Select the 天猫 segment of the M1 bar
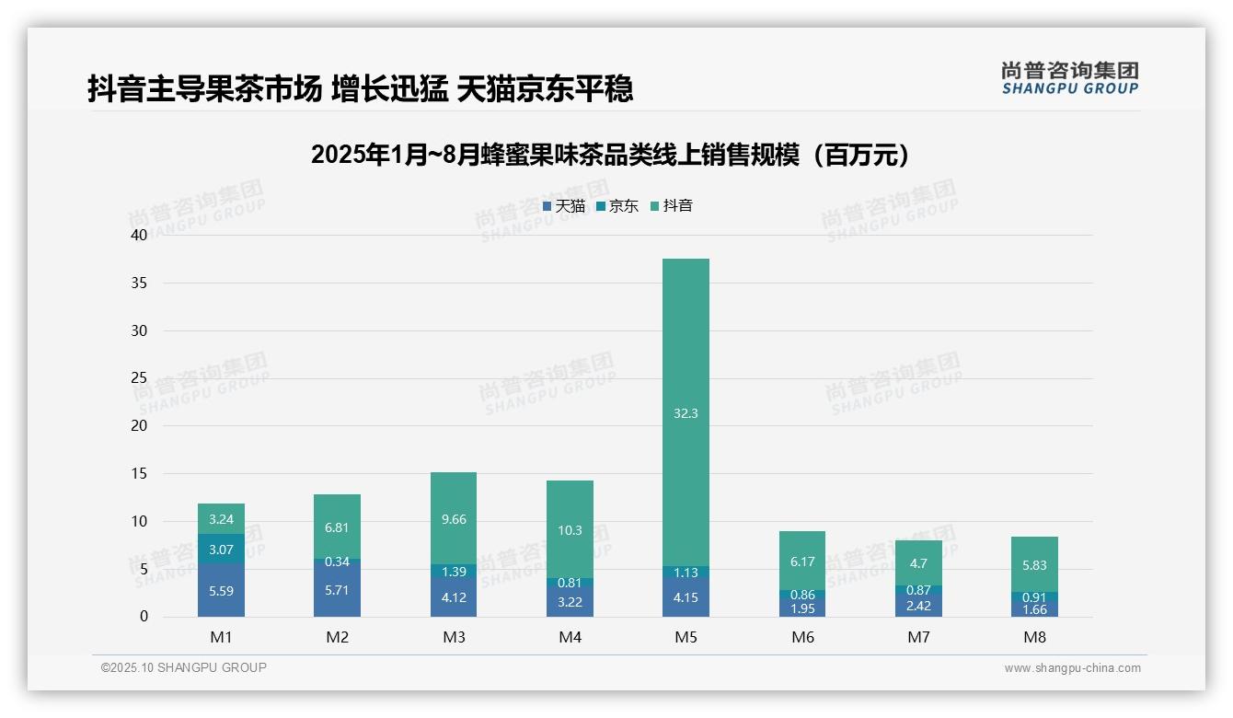pos(221,590)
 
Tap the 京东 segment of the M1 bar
pos(221,549)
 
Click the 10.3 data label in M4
pos(570,530)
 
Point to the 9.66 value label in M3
pos(454,519)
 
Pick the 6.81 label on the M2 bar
pos(337,527)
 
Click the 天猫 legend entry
pos(564,206)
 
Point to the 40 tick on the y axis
pos(139,235)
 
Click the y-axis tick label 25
pos(139,378)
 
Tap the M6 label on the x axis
pos(802,637)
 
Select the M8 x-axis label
pos(1034,637)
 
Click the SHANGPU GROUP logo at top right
pos(1069,78)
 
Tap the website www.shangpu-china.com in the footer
pos(1072,668)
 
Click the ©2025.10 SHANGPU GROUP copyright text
pos(184,667)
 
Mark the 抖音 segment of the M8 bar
pos(1034,564)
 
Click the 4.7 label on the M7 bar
pos(918,563)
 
